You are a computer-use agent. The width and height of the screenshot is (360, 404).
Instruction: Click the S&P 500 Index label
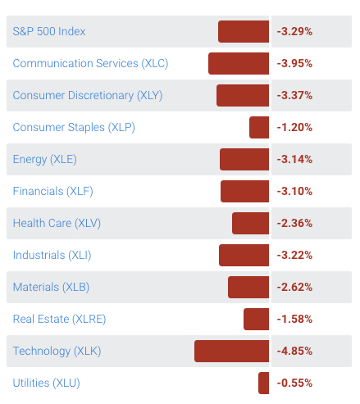pos(49,31)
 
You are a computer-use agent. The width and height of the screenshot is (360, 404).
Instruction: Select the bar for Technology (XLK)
pos(231,351)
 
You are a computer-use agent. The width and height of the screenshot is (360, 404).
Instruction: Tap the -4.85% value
pos(294,351)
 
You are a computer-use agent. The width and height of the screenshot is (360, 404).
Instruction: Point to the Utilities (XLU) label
pos(46,383)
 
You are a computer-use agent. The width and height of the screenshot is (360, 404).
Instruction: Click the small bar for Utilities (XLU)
pos(263,383)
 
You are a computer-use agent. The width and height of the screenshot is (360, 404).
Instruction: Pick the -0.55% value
pos(294,383)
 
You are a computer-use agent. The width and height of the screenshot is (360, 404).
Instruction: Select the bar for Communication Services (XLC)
pos(239,63)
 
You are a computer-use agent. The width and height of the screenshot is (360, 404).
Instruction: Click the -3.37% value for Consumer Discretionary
pos(294,95)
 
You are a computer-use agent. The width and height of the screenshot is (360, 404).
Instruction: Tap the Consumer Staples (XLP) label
pos(74,127)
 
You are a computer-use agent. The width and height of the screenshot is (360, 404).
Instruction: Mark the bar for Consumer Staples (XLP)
pos(259,127)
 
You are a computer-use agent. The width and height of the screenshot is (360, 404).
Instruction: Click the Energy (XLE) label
pos(44,159)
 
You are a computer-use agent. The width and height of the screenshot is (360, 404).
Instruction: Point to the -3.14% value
pos(294,159)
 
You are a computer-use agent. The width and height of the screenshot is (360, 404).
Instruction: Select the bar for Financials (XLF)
pos(244,191)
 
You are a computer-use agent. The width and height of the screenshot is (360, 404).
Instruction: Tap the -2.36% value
pos(294,223)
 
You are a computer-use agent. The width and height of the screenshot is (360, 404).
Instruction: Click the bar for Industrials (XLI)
pos(244,255)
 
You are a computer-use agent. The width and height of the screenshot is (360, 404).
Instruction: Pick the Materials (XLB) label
pos(51,287)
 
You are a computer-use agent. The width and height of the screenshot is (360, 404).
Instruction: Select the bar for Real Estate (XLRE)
pos(256,319)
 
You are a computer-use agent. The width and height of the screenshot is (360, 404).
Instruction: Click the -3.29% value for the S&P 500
pos(294,31)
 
